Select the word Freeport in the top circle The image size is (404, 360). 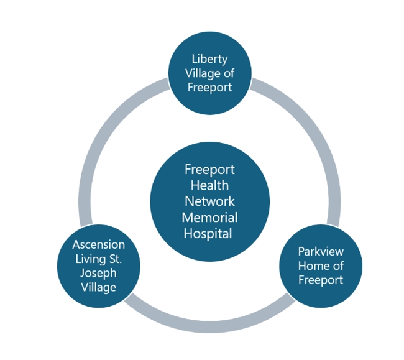coord(210,87)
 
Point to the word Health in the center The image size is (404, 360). coord(210,185)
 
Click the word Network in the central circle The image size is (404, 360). coord(210,201)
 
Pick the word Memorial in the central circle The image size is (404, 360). coord(210,218)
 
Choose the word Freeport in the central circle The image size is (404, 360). coord(210,169)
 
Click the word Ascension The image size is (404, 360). coord(98,245)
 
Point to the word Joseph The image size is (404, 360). coord(98,273)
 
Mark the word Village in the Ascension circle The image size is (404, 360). coord(98,287)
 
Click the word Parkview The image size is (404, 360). coord(321,252)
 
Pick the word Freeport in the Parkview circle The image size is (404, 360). coord(321,280)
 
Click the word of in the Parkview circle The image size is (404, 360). coord(337,266)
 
